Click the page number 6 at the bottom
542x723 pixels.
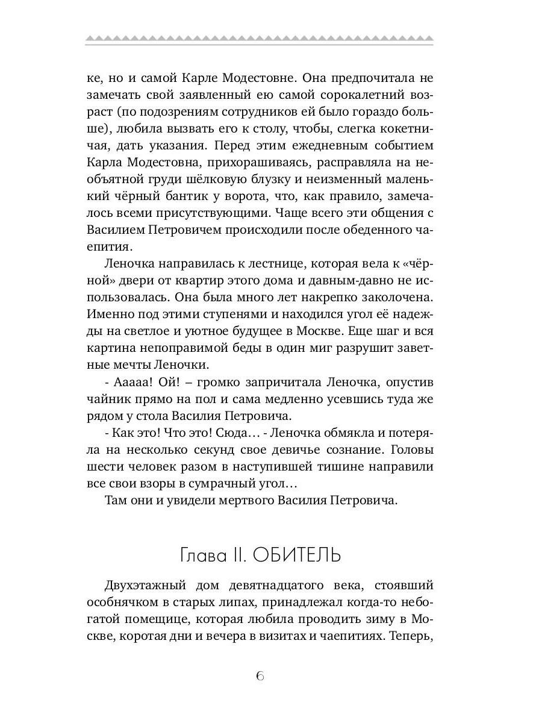[260, 675]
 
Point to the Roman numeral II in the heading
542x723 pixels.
[239, 555]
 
